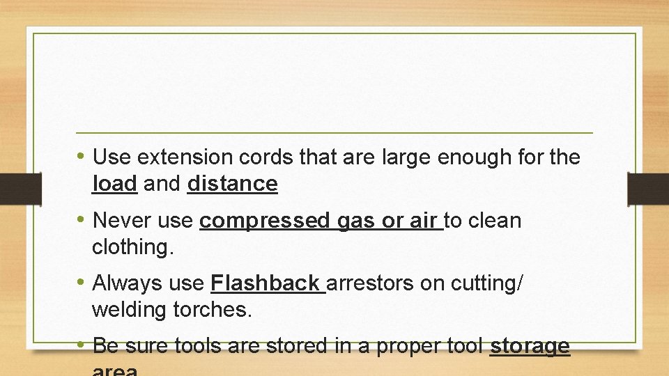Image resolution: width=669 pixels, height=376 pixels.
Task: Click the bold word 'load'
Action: click(x=115, y=184)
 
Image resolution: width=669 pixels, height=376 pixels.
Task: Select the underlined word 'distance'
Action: click(x=232, y=184)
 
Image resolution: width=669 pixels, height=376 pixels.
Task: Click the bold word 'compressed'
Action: click(x=264, y=221)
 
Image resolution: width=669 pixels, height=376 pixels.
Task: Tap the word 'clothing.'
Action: click(x=132, y=247)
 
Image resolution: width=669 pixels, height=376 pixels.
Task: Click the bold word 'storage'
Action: click(x=530, y=346)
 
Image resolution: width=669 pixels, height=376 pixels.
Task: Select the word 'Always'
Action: click(x=126, y=284)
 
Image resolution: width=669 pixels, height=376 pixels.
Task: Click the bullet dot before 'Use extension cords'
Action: click(x=82, y=157)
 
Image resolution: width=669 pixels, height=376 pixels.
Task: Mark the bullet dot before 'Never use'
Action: click(x=82, y=221)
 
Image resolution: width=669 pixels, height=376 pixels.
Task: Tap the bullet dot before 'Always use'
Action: click(x=82, y=283)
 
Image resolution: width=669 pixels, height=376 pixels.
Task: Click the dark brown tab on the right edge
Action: click(x=648, y=189)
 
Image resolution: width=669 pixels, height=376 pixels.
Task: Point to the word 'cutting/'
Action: click(x=487, y=283)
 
